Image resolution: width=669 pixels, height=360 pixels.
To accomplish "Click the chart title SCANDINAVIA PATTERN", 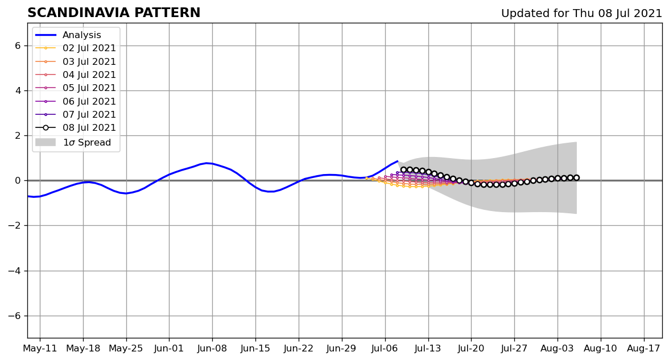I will tap(114, 13).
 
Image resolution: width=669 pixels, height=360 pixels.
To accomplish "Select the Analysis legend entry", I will tap(81, 35).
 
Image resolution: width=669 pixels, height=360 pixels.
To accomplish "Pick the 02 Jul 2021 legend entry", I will tap(89, 48).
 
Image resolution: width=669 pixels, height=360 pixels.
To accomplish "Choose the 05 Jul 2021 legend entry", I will tap(89, 88).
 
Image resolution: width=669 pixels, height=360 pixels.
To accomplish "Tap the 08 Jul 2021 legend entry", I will tap(89, 128).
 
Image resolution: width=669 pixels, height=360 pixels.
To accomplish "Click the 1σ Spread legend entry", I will tap(86, 142).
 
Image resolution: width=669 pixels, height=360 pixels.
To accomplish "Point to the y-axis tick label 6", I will tap(17, 45).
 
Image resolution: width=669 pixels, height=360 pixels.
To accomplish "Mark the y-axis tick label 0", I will tap(17, 181).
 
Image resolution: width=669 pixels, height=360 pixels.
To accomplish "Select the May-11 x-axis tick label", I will tap(39, 348).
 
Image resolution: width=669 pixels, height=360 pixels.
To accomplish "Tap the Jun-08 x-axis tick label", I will tap(212, 348).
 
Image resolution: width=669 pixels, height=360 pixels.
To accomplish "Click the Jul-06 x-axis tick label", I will tap(385, 348).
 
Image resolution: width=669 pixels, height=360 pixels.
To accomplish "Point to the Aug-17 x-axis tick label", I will tap(643, 348).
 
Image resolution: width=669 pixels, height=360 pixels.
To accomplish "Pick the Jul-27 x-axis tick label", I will tap(514, 348).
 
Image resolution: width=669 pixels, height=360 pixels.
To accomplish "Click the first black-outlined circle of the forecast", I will tap(403, 169).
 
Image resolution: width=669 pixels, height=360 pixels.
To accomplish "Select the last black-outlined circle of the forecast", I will tap(576, 177).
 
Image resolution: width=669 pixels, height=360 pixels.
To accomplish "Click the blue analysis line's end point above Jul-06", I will tap(397, 161).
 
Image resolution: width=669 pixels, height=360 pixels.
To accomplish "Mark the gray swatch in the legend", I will tap(46, 142).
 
